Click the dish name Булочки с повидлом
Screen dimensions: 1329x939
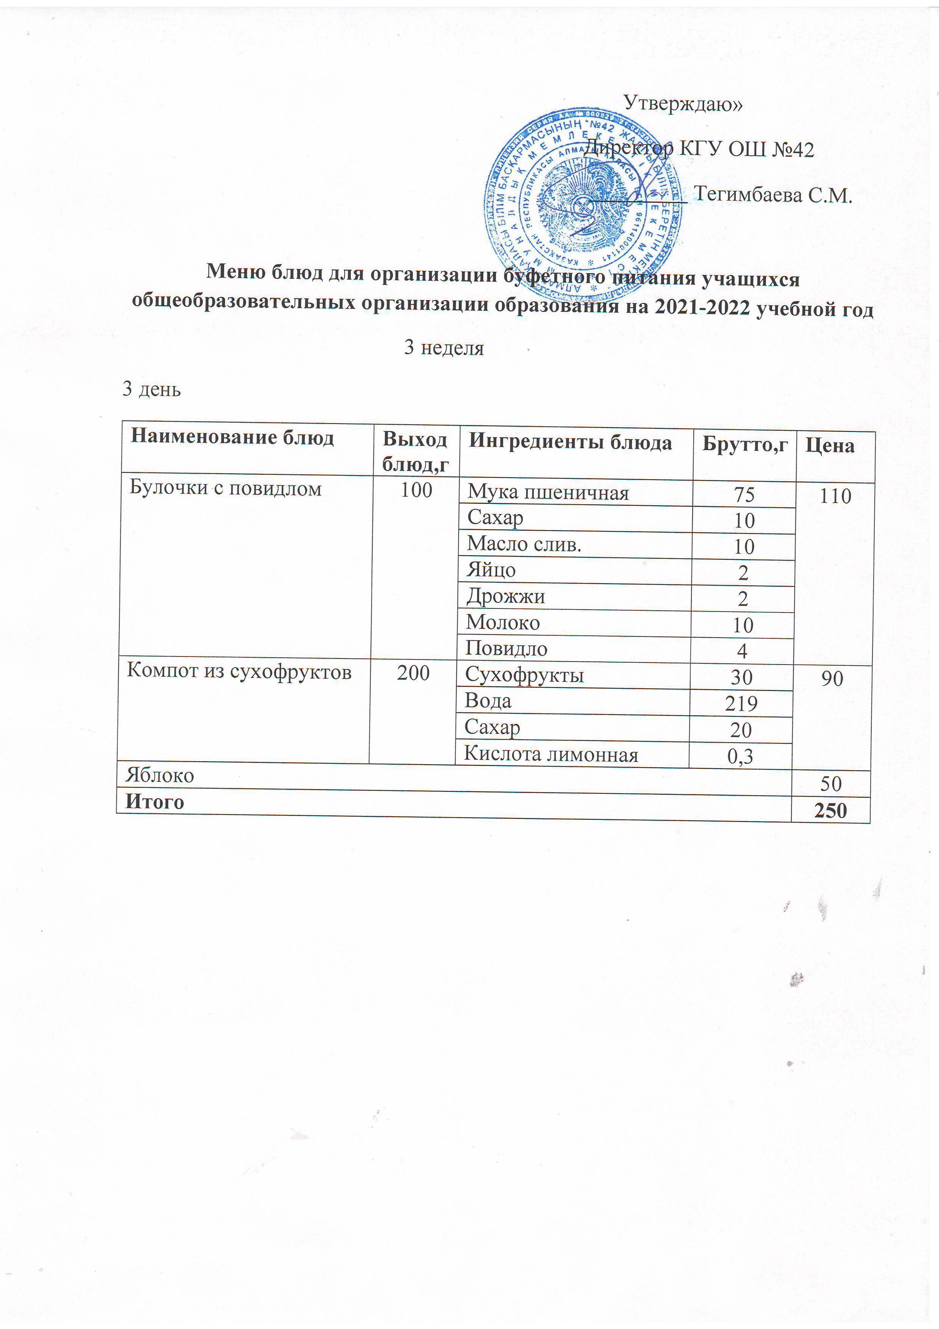coord(225,489)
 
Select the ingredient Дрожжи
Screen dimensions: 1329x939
coord(506,596)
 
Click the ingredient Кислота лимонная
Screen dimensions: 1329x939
coord(551,755)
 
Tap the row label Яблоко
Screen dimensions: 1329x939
coord(160,776)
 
